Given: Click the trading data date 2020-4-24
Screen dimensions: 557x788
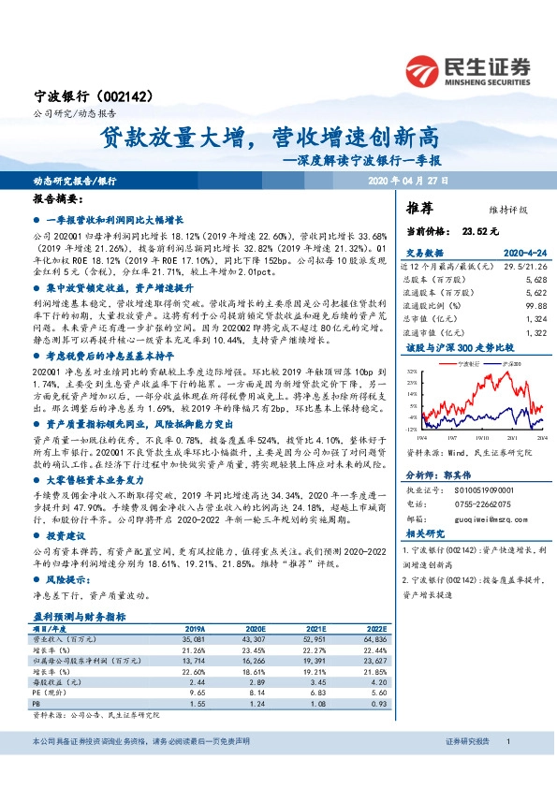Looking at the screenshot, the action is point(524,254).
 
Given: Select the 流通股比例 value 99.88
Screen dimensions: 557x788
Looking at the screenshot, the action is point(534,305).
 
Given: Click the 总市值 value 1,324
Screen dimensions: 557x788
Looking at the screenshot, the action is point(535,318).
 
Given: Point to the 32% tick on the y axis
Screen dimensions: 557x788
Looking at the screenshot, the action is point(413,372).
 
